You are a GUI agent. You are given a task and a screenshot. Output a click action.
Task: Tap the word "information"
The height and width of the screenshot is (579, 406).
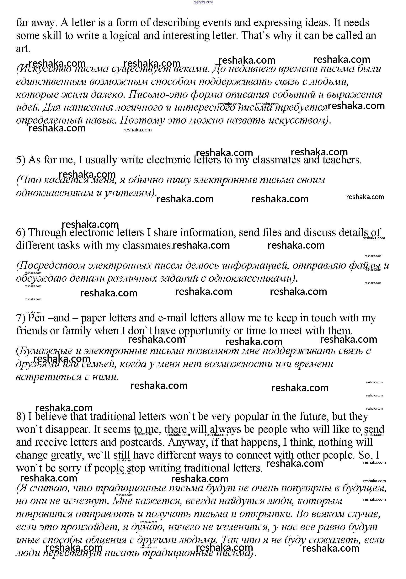[207, 232]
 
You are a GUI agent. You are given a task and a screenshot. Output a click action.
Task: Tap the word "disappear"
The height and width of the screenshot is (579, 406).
[68, 429]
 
